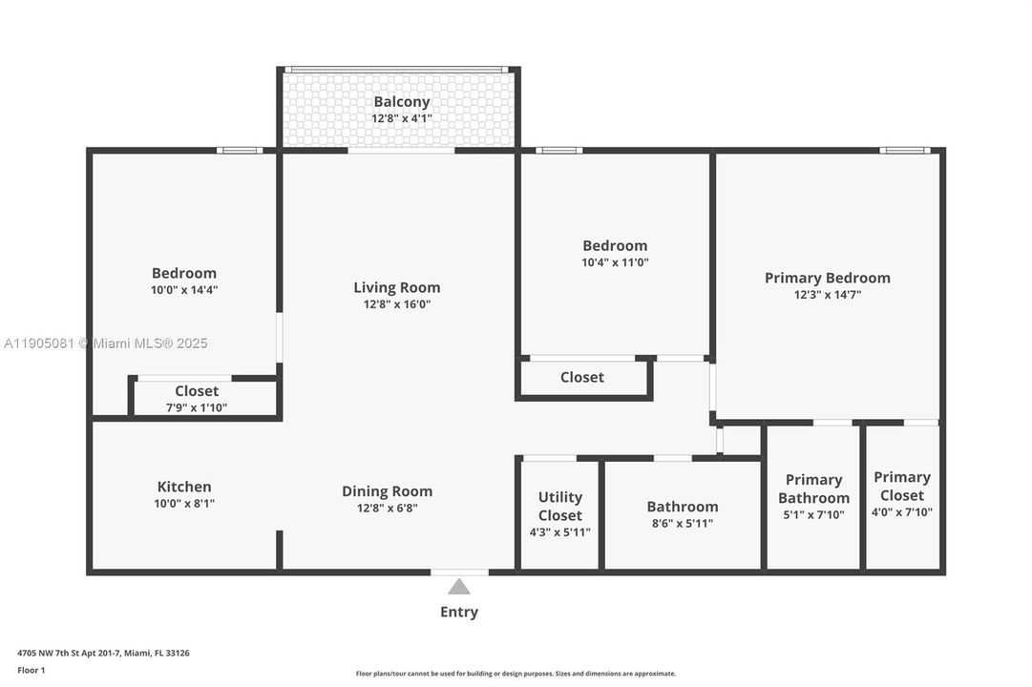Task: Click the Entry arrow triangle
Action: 459,587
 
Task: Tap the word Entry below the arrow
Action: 459,613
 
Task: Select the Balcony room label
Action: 401,102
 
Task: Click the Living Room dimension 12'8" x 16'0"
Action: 397,304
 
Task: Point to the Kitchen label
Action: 184,487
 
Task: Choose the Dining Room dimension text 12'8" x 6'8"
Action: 387,509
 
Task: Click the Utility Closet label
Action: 560,506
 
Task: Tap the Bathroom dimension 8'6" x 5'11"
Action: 682,524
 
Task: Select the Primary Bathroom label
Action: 813,489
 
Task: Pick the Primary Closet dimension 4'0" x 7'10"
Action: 902,512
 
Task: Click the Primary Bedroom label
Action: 827,278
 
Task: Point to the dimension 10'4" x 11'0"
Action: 615,262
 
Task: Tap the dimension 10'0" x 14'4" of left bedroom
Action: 183,290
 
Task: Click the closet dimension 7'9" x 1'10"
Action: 197,407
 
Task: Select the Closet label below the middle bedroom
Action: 581,377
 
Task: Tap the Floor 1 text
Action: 31,670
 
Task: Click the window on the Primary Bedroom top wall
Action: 904,150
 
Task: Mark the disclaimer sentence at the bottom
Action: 516,674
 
